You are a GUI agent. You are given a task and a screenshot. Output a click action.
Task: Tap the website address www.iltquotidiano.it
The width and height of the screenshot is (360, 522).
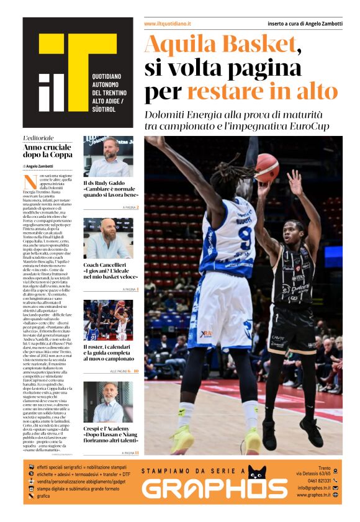point(167,24)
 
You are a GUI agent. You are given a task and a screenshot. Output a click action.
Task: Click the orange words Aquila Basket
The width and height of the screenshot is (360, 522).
point(220,45)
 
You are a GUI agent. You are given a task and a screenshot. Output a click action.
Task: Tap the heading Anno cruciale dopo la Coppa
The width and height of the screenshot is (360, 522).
point(47,151)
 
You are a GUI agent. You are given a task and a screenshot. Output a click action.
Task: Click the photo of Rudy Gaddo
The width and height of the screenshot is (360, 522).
point(108,157)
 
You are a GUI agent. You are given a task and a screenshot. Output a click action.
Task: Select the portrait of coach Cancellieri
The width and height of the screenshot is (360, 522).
point(108,238)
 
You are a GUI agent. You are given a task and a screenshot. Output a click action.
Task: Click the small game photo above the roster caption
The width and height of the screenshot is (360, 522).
point(108,320)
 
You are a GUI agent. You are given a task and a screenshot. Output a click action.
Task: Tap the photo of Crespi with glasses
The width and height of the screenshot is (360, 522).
point(108,402)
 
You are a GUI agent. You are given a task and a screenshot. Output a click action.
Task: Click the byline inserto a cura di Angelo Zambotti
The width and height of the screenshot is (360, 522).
point(304,24)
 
